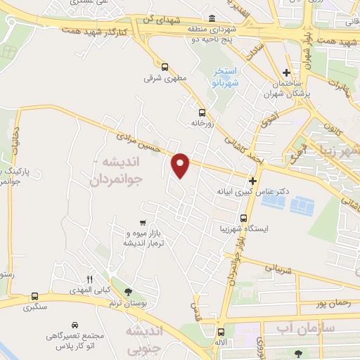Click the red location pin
(x=181, y=165)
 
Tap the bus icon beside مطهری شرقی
(x=165, y=67)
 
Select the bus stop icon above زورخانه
(x=202, y=112)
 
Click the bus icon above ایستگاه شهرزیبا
(x=244, y=218)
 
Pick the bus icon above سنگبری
(x=34, y=296)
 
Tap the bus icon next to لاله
(x=221, y=332)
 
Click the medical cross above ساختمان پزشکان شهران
(x=286, y=72)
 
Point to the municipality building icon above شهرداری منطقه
(x=212, y=18)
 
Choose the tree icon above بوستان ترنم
(x=127, y=292)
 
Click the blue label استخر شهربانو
(x=226, y=77)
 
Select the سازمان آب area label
(x=289, y=328)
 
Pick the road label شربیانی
(x=275, y=266)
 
